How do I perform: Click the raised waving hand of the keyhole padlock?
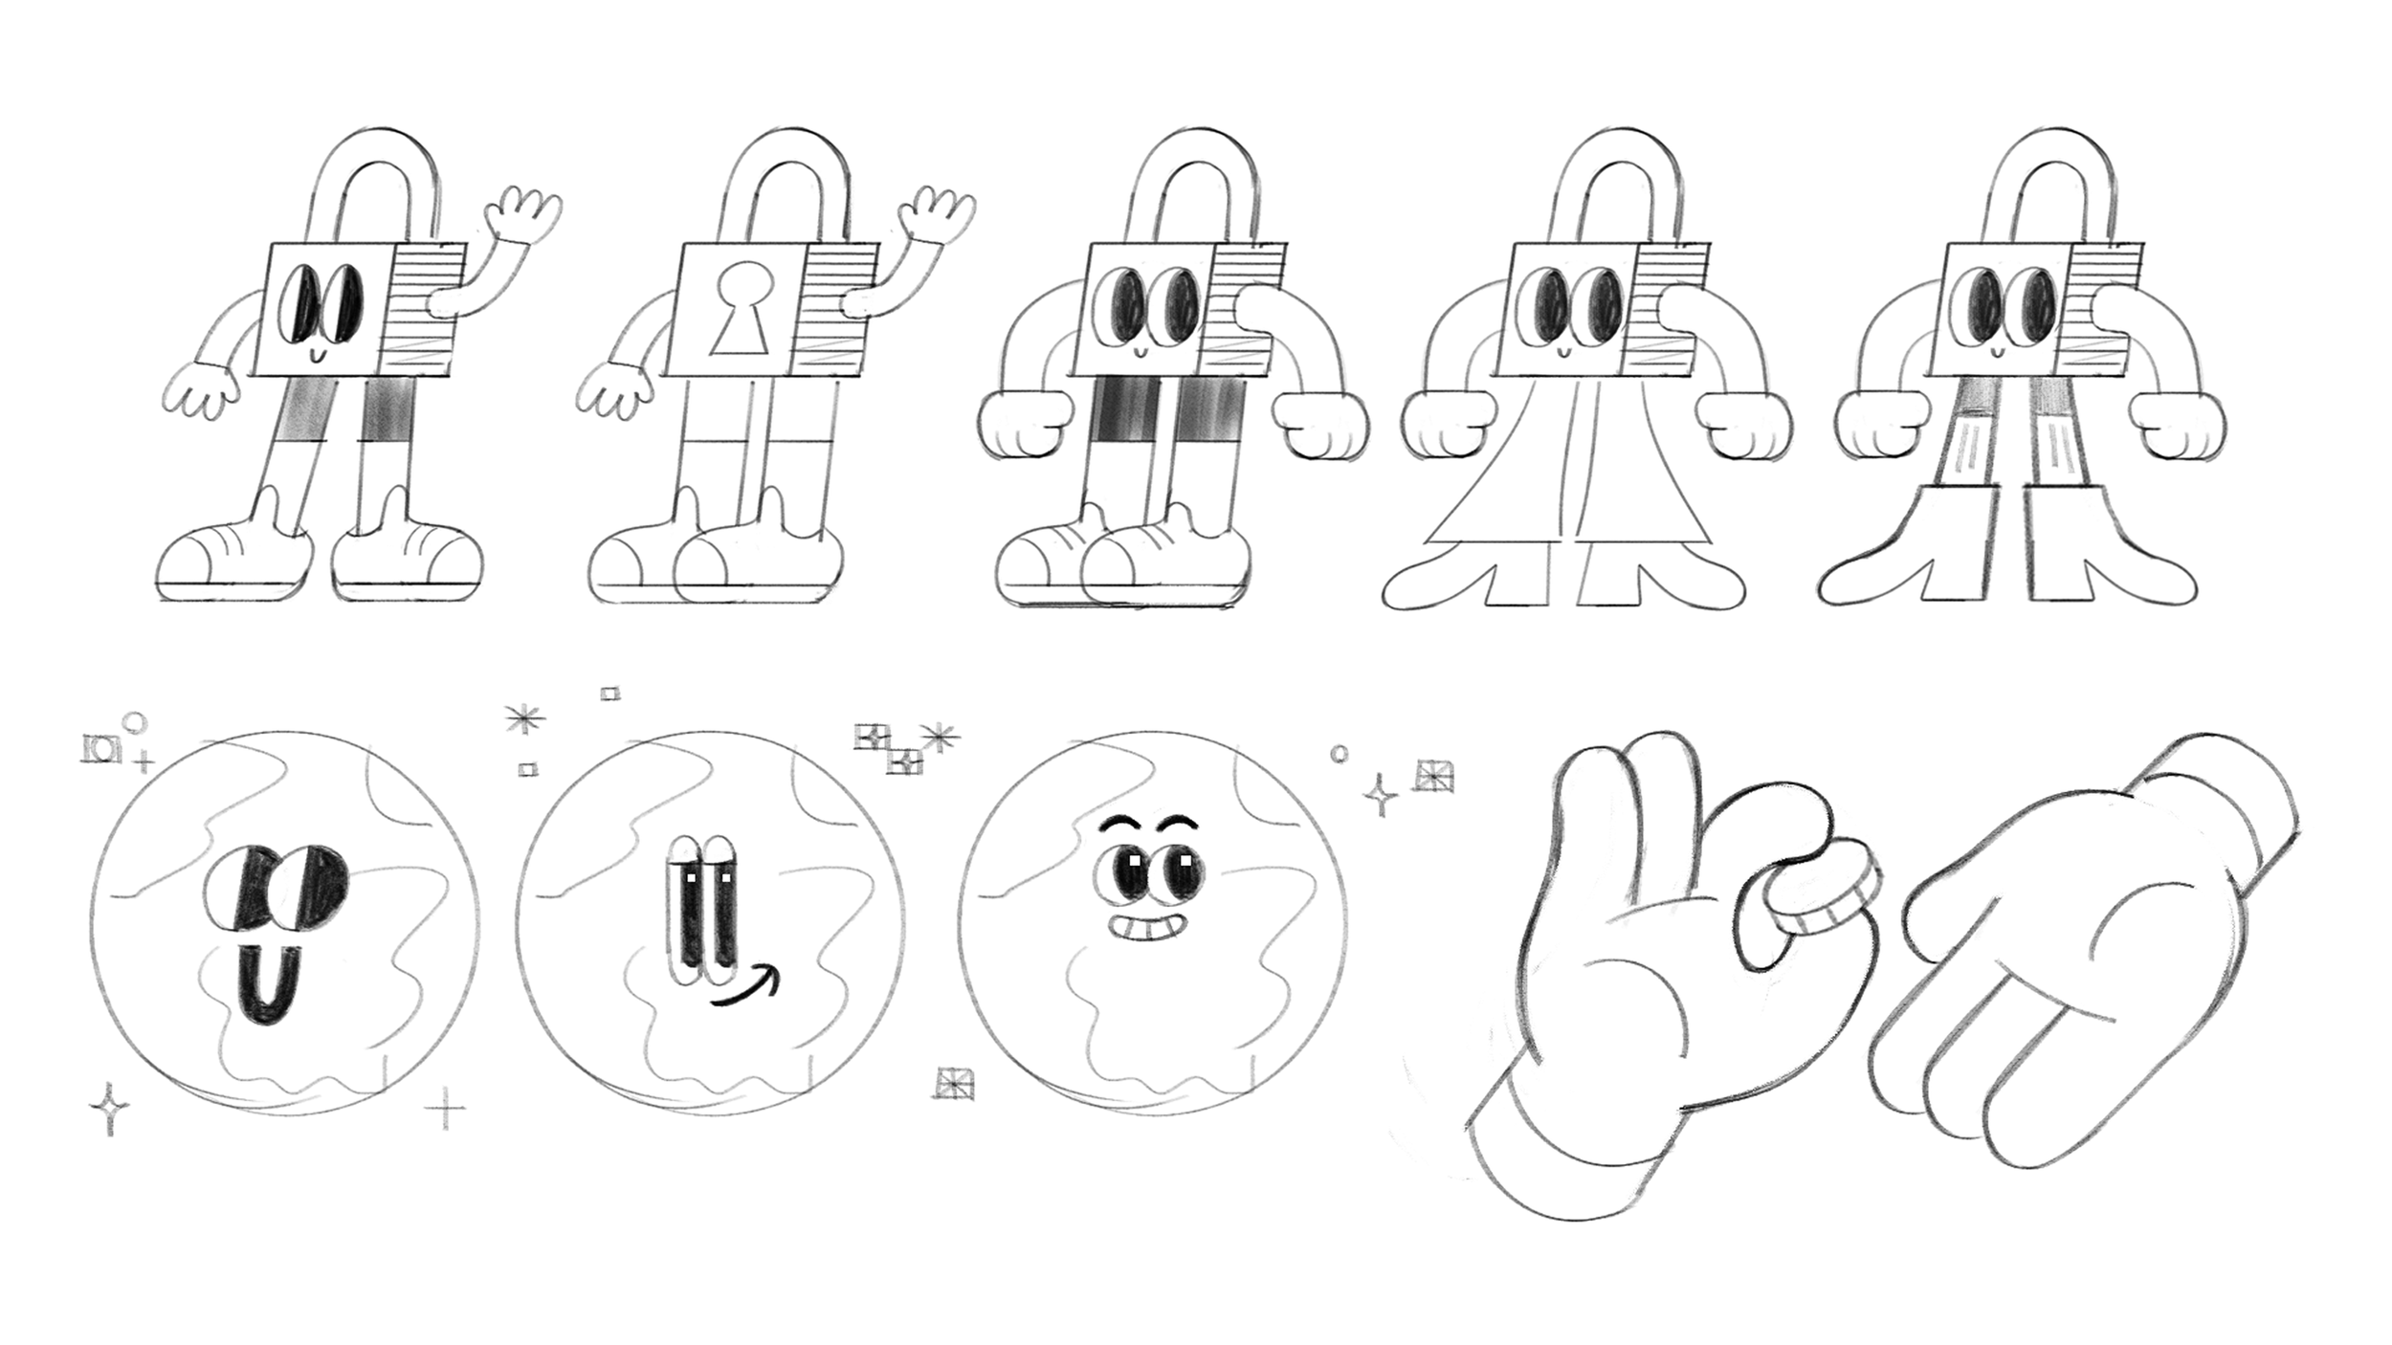point(939,215)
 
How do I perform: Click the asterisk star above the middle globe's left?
point(525,719)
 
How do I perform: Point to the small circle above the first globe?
point(137,722)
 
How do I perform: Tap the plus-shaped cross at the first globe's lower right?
point(445,1109)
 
